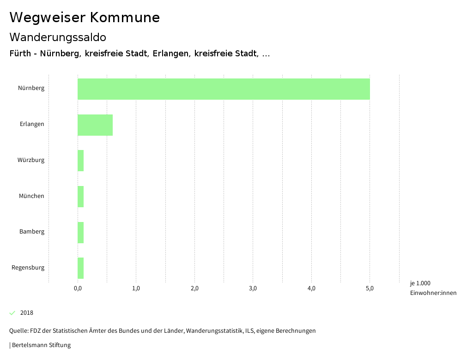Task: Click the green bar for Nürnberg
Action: tap(224, 89)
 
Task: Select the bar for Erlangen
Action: tap(95, 125)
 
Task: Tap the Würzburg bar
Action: tap(81, 161)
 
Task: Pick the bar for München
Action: tap(81, 197)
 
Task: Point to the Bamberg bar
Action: tap(81, 233)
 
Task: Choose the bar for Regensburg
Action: tap(81, 268)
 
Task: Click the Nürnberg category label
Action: tap(31, 88)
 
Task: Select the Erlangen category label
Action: tap(32, 124)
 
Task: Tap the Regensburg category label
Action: tap(28, 267)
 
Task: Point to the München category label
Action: tap(31, 196)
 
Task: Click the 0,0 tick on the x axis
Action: tap(78, 288)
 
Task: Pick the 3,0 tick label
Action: tap(253, 288)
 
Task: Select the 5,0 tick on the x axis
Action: tap(370, 288)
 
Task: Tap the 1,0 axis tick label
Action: tap(136, 288)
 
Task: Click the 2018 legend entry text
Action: tap(27, 313)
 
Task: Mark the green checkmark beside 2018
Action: tap(12, 313)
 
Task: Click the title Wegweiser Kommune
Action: tap(85, 18)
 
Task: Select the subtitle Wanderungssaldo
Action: tap(58, 37)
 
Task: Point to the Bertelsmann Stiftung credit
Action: tap(41, 345)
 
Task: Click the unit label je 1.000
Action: tap(420, 283)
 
